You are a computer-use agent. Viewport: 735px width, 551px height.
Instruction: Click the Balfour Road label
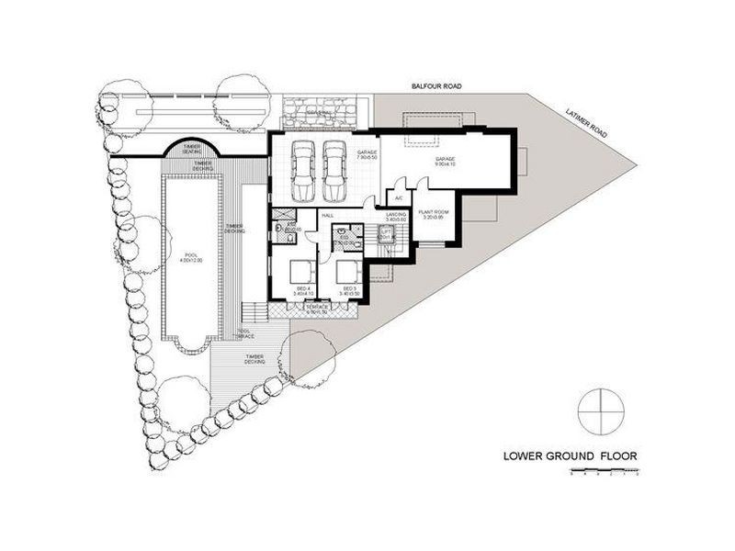click(436, 86)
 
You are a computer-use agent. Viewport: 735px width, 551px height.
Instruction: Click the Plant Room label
click(432, 215)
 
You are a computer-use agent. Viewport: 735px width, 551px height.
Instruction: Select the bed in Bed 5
click(347, 273)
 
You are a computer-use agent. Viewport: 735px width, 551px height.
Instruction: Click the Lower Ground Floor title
click(570, 455)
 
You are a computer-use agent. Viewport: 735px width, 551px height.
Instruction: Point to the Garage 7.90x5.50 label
click(366, 156)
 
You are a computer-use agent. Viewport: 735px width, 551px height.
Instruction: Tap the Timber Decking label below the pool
click(254, 360)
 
